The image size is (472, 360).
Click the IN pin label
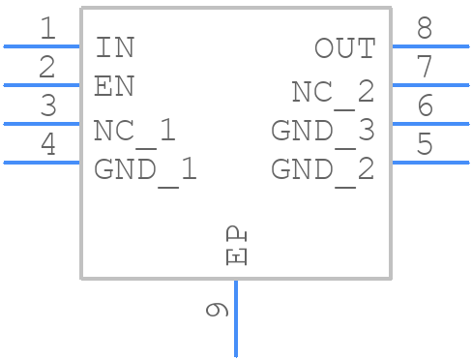point(115,46)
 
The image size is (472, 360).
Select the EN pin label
point(114,86)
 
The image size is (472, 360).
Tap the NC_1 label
point(134,131)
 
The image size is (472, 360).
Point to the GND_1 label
point(145,170)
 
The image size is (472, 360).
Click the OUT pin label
point(344,47)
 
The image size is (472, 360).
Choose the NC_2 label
point(333,92)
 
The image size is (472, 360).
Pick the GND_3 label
point(322,131)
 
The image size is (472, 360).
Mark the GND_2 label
point(322,170)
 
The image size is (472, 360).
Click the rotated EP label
point(236,246)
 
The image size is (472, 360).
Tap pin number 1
point(47,29)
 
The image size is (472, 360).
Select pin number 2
point(47,68)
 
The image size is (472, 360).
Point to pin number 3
point(47,106)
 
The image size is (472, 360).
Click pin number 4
point(47,145)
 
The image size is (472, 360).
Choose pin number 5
point(425,145)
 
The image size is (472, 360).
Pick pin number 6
point(425,106)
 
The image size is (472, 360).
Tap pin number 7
point(425,68)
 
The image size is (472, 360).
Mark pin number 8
point(425,29)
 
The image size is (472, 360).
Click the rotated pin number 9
point(218,310)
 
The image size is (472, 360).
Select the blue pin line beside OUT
point(429,45)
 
